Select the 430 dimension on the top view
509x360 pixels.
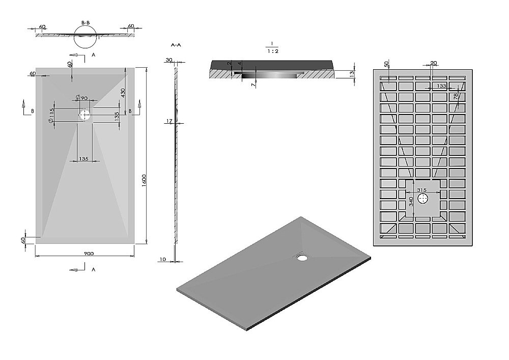pos(123,93)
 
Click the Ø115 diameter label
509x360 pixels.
pos(52,116)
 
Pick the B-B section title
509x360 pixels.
pos(86,23)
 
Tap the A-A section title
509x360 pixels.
pos(176,45)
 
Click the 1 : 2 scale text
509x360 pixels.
pos(273,51)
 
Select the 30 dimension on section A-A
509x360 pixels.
pos(168,60)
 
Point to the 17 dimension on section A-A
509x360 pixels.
pos(169,121)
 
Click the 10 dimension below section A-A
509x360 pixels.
pos(162,260)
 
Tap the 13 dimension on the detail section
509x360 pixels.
pos(351,74)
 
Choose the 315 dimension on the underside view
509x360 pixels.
pos(421,190)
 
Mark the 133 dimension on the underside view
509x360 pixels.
pos(441,85)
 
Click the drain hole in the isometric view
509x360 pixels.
pos(302,257)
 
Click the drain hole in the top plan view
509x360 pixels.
pos(84,115)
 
